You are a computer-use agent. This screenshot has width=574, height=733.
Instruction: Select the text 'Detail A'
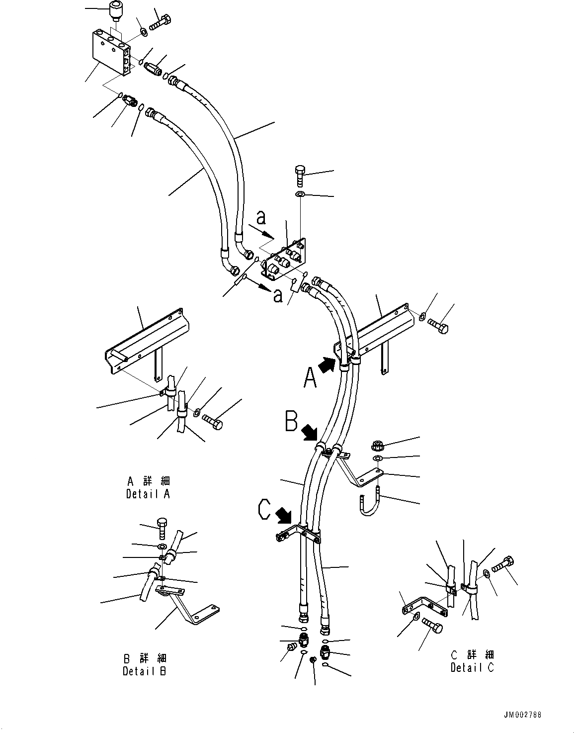click(x=148, y=494)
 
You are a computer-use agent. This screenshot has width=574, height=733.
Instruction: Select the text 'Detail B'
click(x=145, y=671)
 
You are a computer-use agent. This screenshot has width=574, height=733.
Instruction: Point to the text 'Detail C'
click(x=472, y=668)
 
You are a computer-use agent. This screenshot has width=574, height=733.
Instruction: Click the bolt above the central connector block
click(x=299, y=175)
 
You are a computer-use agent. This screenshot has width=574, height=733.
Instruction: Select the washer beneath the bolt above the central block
click(x=300, y=194)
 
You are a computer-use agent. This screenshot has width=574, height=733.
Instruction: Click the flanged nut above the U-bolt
click(x=377, y=445)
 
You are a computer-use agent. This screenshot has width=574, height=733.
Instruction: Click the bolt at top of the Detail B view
click(x=163, y=528)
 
